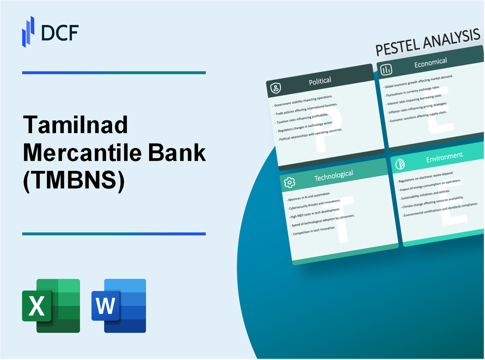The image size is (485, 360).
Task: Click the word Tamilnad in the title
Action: pyautogui.click(x=75, y=126)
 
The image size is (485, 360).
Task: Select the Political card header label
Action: pyautogui.click(x=320, y=81)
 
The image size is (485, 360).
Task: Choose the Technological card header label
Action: pyautogui.click(x=333, y=175)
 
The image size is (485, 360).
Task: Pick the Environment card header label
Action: pyautogui.click(x=444, y=156)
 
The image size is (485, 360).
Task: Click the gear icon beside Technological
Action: pyautogui.click(x=289, y=182)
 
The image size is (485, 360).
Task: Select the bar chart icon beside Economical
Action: pyautogui.click(x=387, y=70)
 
